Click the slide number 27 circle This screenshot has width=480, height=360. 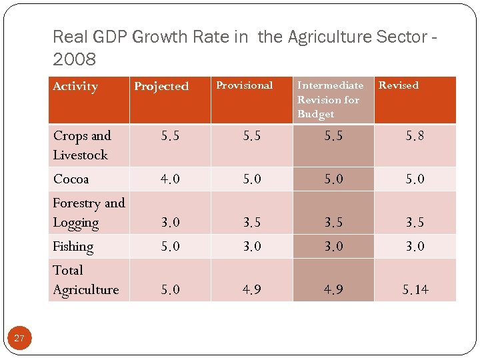click(x=19, y=338)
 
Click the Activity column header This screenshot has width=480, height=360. click(x=75, y=87)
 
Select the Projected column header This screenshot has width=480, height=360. click(x=161, y=87)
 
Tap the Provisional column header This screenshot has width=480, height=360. click(x=245, y=85)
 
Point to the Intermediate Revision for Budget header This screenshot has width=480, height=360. click(x=330, y=99)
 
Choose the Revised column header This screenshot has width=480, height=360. click(x=399, y=85)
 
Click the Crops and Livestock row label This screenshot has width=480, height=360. click(x=82, y=145)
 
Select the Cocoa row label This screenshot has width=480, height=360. click(x=71, y=179)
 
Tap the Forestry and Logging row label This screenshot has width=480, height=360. click(x=89, y=213)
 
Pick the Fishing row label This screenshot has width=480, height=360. click(x=73, y=247)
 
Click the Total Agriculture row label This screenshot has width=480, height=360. click(x=85, y=280)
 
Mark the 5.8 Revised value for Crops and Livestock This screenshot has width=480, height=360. click(x=415, y=137)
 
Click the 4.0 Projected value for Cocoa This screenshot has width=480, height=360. click(x=170, y=179)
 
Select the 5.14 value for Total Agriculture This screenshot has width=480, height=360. click(x=415, y=290)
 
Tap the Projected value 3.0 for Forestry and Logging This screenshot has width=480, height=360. click(x=170, y=223)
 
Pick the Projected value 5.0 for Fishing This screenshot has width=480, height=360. click(x=170, y=247)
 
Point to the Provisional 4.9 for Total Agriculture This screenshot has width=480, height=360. click(x=252, y=290)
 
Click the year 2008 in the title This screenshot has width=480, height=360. click(x=74, y=59)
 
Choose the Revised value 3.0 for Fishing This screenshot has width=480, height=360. click(x=415, y=247)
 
